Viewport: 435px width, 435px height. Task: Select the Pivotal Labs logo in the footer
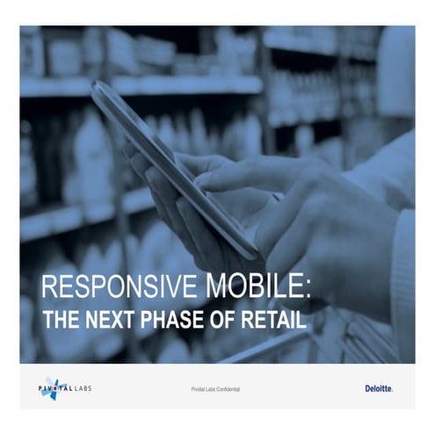click(x=66, y=388)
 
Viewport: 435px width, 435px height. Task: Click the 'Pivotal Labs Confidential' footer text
click(x=214, y=388)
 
